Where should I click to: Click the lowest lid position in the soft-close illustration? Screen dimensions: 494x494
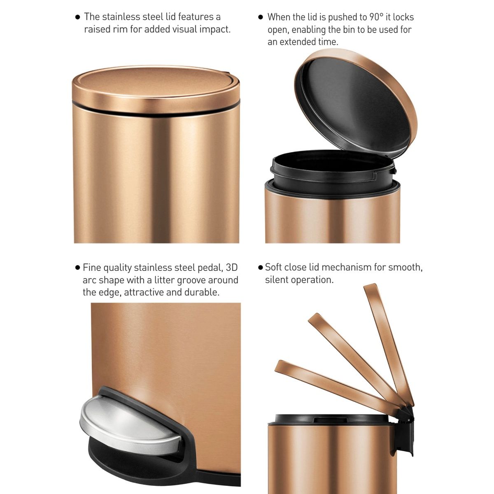pos(333,383)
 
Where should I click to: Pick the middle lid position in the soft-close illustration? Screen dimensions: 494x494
pos(354,354)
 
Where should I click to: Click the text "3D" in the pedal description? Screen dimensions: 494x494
pos(232,268)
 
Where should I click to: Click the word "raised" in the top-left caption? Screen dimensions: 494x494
pos(97,30)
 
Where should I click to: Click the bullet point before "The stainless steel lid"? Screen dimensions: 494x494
pos(77,17)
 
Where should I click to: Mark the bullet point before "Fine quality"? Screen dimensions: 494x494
pos(77,268)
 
